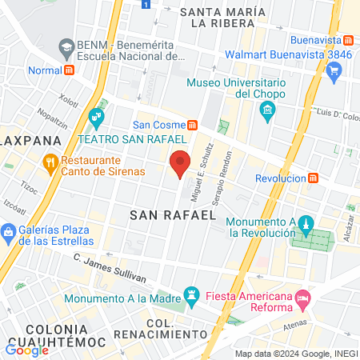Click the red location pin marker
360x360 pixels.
pyautogui.click(x=181, y=163)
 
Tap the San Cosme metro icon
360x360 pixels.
pyautogui.click(x=192, y=125)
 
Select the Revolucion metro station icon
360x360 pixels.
pyautogui.click(x=314, y=178)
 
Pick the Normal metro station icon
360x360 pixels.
pyautogui.click(x=70, y=69)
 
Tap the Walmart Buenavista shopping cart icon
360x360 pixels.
pyautogui.click(x=334, y=70)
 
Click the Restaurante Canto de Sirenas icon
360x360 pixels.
pyautogui.click(x=51, y=165)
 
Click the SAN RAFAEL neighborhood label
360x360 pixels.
pyautogui.click(x=173, y=214)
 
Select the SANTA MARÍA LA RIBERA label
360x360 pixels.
pyautogui.click(x=222, y=17)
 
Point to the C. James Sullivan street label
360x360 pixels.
pyautogui.click(x=110, y=268)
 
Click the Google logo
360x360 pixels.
pyautogui.click(x=26, y=350)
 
